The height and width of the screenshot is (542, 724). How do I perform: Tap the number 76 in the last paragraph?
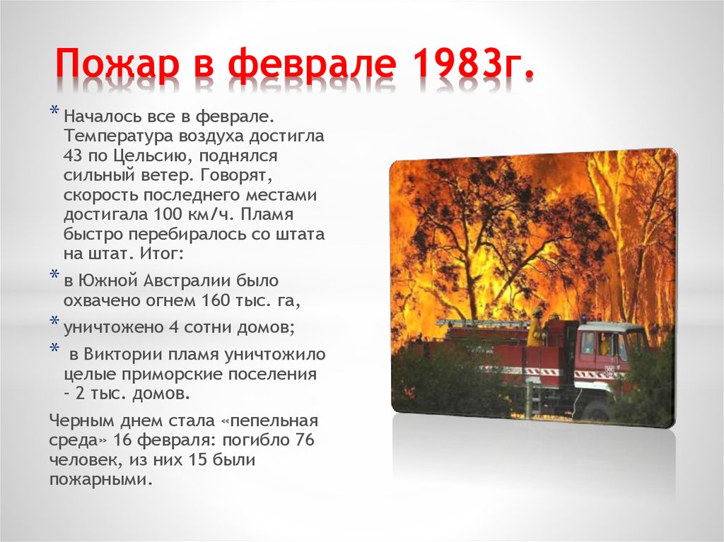click(x=303, y=440)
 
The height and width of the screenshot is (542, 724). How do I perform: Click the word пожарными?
click(x=100, y=479)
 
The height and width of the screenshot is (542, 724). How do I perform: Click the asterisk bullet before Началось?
click(x=55, y=112)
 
